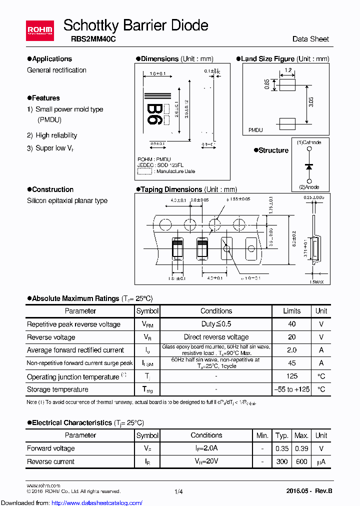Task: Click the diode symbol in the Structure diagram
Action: tap(309, 165)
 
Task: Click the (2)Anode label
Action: tap(309, 187)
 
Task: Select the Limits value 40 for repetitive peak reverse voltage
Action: tap(292, 324)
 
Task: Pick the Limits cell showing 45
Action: tap(292, 363)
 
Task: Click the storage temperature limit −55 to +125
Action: tap(292, 389)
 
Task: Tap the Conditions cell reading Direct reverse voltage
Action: tap(216, 337)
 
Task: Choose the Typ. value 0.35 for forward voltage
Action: tap(282, 448)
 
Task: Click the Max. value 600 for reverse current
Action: tap(301, 461)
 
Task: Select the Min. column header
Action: tap(262, 435)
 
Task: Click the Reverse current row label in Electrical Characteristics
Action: tap(51, 461)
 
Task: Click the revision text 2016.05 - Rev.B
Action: tap(309, 491)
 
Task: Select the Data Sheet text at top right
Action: tap(310, 39)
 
